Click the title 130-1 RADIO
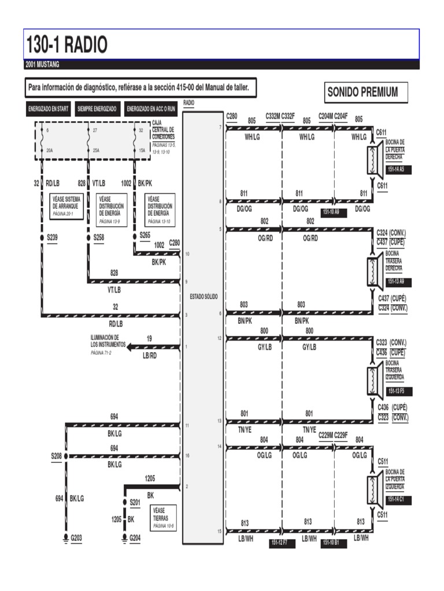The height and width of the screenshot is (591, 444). coord(67,44)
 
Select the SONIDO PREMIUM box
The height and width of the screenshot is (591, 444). coord(362,92)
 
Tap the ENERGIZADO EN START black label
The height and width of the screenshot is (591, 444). coord(49,109)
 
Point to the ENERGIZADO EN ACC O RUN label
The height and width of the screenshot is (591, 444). coord(151,109)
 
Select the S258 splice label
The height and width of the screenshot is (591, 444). coord(99,237)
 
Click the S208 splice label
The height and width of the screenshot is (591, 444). coord(55,456)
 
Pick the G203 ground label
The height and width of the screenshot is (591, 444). coord(76,538)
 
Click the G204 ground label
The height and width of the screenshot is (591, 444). coord(135,538)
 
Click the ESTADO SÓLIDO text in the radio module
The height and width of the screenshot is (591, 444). coord(203,297)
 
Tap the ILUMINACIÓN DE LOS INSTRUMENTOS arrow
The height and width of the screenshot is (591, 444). coord(131,346)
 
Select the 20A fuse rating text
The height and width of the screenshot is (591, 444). coord(50,150)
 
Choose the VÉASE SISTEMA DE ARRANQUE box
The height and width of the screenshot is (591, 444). coord(67,205)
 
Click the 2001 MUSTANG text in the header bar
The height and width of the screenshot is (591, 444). coord(43,65)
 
